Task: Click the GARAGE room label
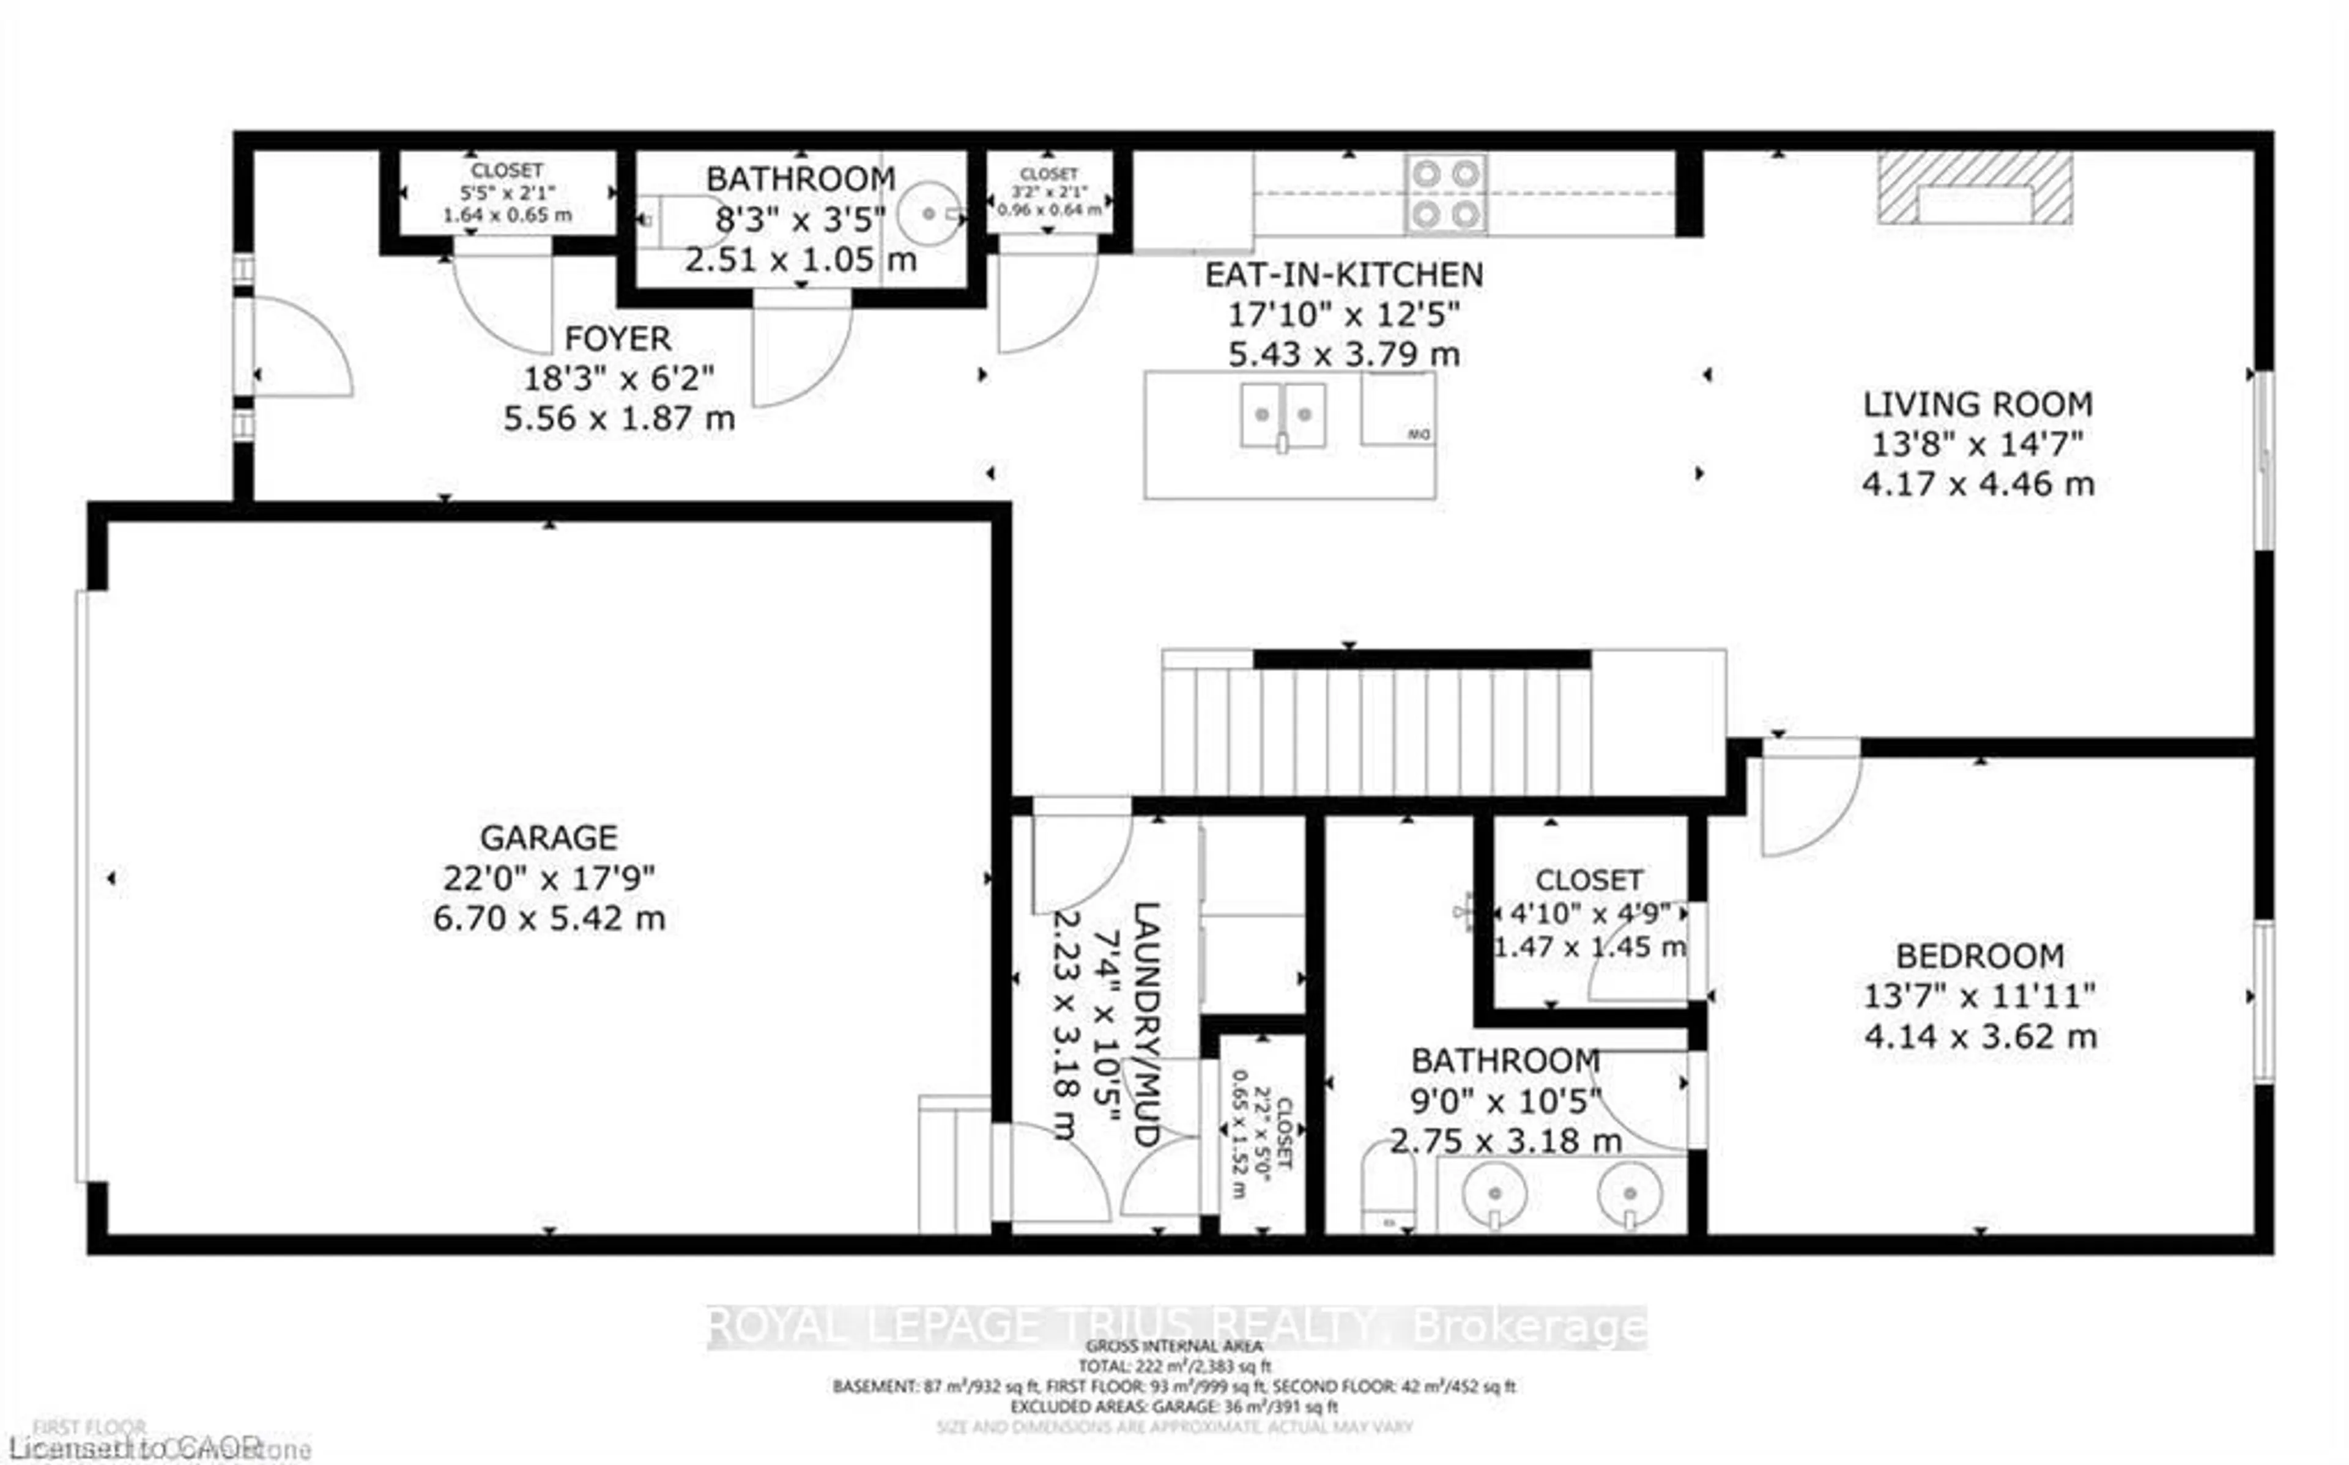point(549,837)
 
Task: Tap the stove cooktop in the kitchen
point(1445,195)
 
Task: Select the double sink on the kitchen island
point(1283,415)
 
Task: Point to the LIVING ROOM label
point(1977,404)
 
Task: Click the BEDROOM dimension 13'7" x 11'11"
point(1979,996)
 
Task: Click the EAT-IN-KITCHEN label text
point(1343,275)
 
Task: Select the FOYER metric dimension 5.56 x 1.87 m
point(619,419)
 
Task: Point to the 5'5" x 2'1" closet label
point(507,193)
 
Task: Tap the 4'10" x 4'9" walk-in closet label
point(1589,913)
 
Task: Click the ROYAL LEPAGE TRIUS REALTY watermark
point(1176,1326)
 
